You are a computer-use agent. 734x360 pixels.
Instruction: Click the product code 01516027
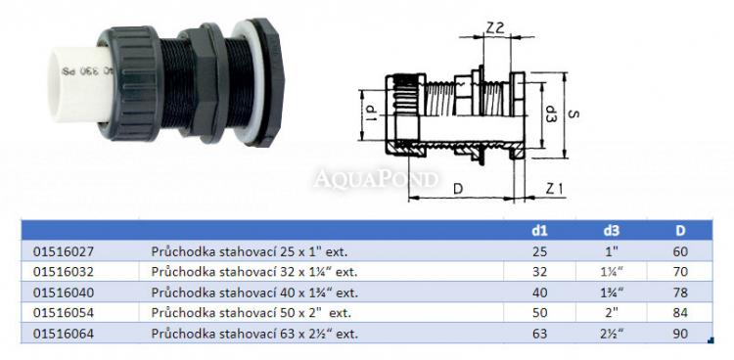click(x=64, y=251)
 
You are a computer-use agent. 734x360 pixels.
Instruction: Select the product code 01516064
click(x=64, y=334)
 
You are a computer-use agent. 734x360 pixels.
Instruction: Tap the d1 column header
click(x=539, y=230)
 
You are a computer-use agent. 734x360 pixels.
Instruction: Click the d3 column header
click(x=612, y=230)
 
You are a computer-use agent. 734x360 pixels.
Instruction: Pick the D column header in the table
click(x=680, y=230)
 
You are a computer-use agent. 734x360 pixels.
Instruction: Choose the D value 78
click(x=680, y=292)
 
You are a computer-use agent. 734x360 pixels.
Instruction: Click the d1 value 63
click(x=539, y=334)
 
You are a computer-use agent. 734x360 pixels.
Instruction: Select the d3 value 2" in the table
click(x=612, y=313)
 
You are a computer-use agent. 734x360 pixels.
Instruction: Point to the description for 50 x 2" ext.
click(x=251, y=313)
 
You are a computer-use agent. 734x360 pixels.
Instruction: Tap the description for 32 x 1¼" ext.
click(x=254, y=272)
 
